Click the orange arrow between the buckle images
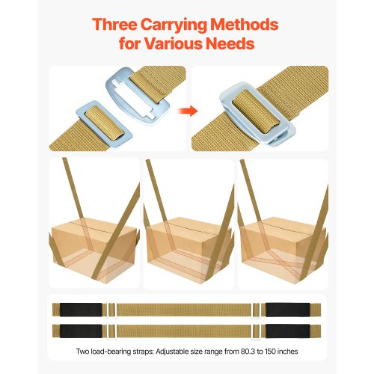coord(188,111)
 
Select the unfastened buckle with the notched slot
coord(138,96)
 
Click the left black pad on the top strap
coord(81,310)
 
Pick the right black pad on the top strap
coord(288,310)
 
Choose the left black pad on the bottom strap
coord(81,331)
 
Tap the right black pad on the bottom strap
coord(288,331)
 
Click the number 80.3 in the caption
coord(248,352)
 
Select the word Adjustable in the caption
coord(172,352)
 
